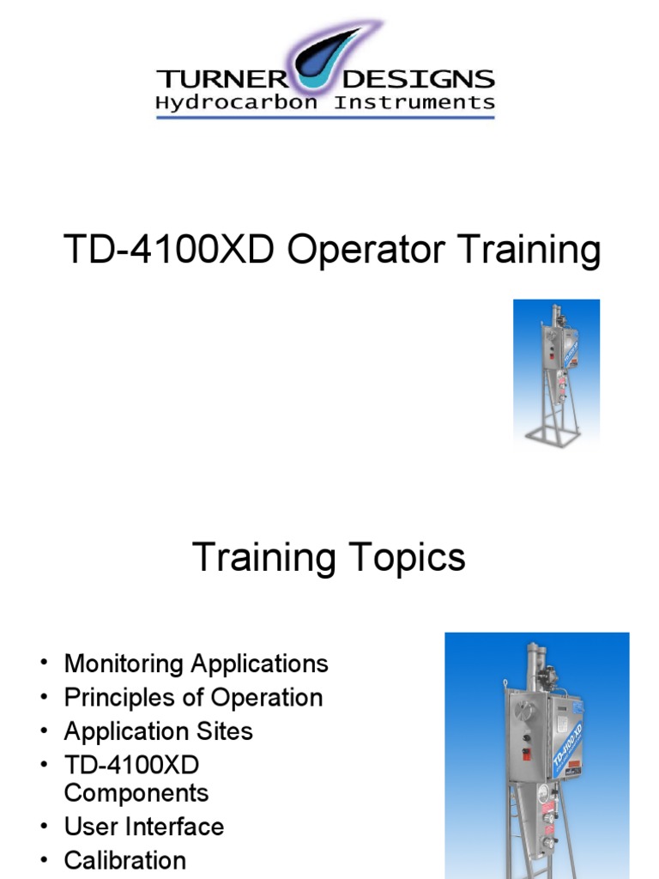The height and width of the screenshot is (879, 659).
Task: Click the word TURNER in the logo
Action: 221,80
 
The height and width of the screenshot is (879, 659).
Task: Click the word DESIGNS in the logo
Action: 419,80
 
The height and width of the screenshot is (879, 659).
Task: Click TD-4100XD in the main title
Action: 170,251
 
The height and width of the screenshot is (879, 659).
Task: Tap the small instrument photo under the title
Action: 556,372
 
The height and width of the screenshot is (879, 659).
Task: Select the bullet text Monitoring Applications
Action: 196,664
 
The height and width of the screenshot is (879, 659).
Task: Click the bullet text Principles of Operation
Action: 194,697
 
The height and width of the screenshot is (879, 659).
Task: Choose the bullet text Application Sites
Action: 159,731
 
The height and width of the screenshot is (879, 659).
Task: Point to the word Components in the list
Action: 136,791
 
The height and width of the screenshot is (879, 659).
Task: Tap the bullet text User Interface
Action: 144,827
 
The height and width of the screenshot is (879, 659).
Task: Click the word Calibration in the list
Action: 125,860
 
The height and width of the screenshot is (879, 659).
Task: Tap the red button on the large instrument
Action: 526,752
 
